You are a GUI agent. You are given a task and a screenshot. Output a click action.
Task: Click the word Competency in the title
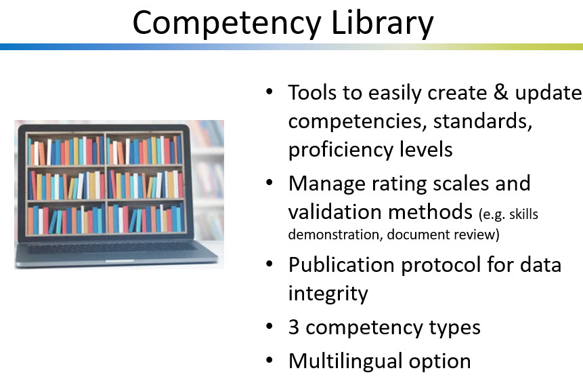click(228, 23)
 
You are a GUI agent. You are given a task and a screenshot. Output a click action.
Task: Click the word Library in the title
click(382, 23)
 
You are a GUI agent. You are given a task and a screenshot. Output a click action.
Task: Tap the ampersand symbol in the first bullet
click(501, 92)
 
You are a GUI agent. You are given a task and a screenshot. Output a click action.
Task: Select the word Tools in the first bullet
click(312, 92)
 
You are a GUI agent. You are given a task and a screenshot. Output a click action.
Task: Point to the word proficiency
click(340, 150)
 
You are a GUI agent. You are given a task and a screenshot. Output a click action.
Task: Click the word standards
click(483, 121)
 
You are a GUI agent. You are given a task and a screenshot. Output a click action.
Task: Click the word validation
click(334, 212)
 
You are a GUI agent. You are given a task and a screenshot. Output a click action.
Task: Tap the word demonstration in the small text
click(335, 235)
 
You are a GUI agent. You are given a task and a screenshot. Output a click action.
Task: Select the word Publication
click(341, 264)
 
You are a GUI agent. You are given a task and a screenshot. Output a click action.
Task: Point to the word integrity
click(328, 294)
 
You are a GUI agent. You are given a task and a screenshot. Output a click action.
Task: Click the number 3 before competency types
click(294, 327)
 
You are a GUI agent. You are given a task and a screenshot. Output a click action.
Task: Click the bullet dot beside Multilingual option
click(269, 360)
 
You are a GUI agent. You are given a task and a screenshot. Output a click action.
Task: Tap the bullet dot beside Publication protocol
click(269, 264)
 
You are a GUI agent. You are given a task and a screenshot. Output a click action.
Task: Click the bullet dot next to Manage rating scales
click(269, 182)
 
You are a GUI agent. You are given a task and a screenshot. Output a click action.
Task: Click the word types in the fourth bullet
click(454, 328)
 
